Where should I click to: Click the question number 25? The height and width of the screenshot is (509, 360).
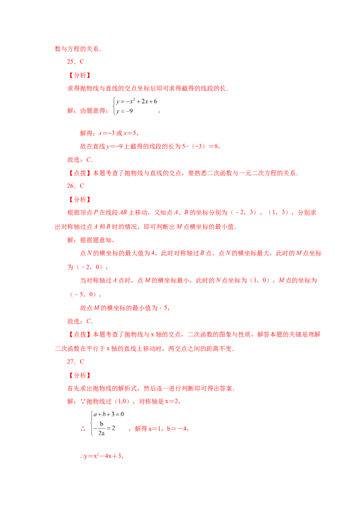tap(71, 62)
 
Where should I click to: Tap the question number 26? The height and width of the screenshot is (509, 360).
tap(71, 186)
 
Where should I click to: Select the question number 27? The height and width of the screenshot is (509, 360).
tap(71, 362)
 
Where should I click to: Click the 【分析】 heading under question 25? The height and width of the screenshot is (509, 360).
tap(80, 75)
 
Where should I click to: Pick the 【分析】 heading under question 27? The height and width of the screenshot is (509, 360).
tap(80, 375)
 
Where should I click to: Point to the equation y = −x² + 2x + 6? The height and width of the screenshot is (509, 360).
tap(136, 101)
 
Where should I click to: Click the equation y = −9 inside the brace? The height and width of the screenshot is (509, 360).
tap(125, 111)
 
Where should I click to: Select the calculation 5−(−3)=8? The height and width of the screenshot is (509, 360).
tap(200, 147)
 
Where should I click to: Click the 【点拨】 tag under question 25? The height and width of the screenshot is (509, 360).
tap(80, 173)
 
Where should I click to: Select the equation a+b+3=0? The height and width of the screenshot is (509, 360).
tap(108, 414)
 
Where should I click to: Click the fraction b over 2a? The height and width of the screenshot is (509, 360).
tap(102, 429)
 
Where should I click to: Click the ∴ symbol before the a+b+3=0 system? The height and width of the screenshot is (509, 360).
tap(83, 429)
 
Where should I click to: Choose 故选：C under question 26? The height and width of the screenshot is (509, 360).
tap(80, 321)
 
